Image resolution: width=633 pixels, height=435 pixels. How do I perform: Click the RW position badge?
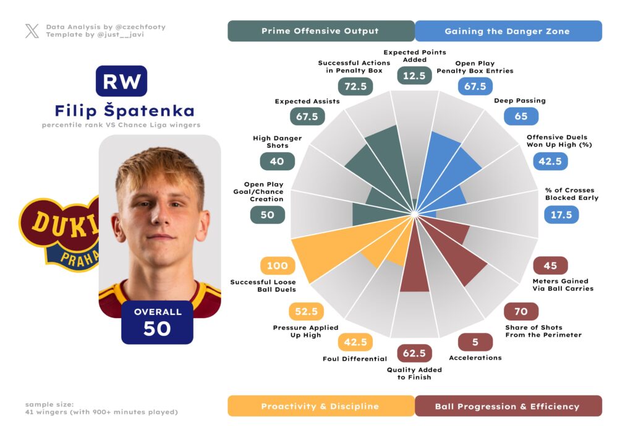[x=121, y=81]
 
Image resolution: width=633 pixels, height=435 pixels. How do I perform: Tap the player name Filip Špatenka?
[x=124, y=111]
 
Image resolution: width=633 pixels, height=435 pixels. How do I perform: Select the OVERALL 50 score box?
[x=158, y=322]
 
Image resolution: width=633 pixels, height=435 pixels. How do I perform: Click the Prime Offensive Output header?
[x=320, y=31]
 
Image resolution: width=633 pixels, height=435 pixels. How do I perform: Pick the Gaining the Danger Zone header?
[x=508, y=31]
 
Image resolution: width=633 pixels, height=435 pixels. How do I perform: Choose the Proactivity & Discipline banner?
[x=320, y=407]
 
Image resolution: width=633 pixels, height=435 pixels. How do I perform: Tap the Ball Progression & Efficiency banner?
[x=508, y=407]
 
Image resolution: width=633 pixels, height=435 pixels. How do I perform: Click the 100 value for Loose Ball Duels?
[x=278, y=265]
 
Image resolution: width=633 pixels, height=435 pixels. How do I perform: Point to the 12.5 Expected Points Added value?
[x=414, y=75]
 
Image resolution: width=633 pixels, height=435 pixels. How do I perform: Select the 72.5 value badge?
[x=355, y=87]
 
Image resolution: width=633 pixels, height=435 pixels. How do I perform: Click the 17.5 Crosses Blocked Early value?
[x=561, y=215]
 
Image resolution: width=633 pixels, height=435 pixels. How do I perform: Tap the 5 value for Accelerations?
[x=475, y=342]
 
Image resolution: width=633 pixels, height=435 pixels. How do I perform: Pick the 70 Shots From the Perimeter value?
[x=521, y=311]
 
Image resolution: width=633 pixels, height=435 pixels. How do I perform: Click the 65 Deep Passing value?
[x=521, y=116]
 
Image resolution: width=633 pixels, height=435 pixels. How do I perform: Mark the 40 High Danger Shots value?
[x=277, y=161]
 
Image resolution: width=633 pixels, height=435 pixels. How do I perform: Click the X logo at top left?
[x=32, y=31]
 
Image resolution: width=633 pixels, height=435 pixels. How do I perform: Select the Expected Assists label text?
[x=307, y=101]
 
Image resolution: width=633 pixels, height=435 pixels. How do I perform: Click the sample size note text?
[x=101, y=408]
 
